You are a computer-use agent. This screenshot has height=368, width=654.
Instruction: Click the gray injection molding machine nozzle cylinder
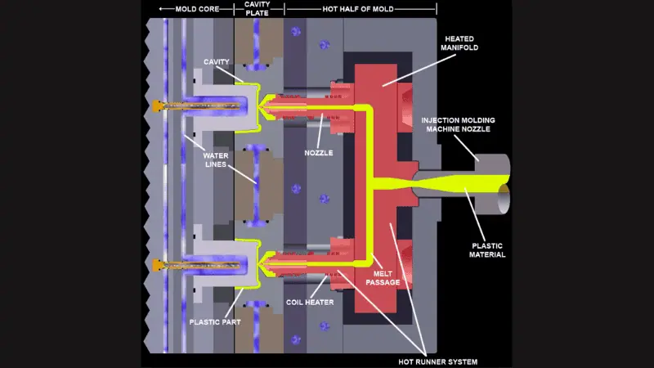click(490, 173)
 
